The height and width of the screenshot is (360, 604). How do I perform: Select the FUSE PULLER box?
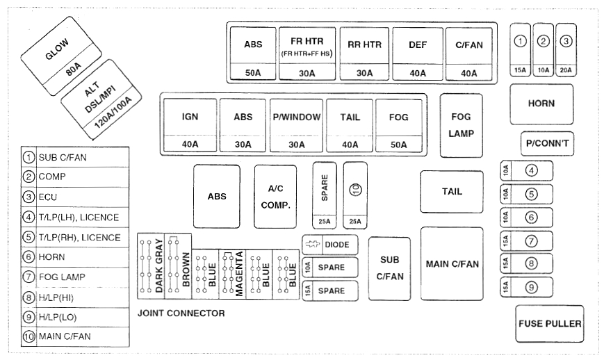550,324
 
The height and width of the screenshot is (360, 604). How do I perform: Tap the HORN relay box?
541,104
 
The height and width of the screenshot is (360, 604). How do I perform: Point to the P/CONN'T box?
548,143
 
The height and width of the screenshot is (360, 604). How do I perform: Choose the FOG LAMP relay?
462,125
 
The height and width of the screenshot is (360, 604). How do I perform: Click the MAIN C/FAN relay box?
452,264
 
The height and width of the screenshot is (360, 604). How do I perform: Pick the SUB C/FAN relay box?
390,268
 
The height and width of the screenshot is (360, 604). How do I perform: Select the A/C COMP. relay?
275,197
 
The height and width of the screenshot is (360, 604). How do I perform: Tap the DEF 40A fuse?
418,53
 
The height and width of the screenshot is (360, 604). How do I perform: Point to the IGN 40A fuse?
190,125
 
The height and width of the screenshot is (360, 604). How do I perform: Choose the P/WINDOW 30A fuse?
297,125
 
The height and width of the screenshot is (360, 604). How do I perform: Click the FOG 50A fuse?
399,125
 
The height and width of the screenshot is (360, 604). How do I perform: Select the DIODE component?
330,245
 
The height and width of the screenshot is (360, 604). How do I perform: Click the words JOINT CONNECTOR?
181,313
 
